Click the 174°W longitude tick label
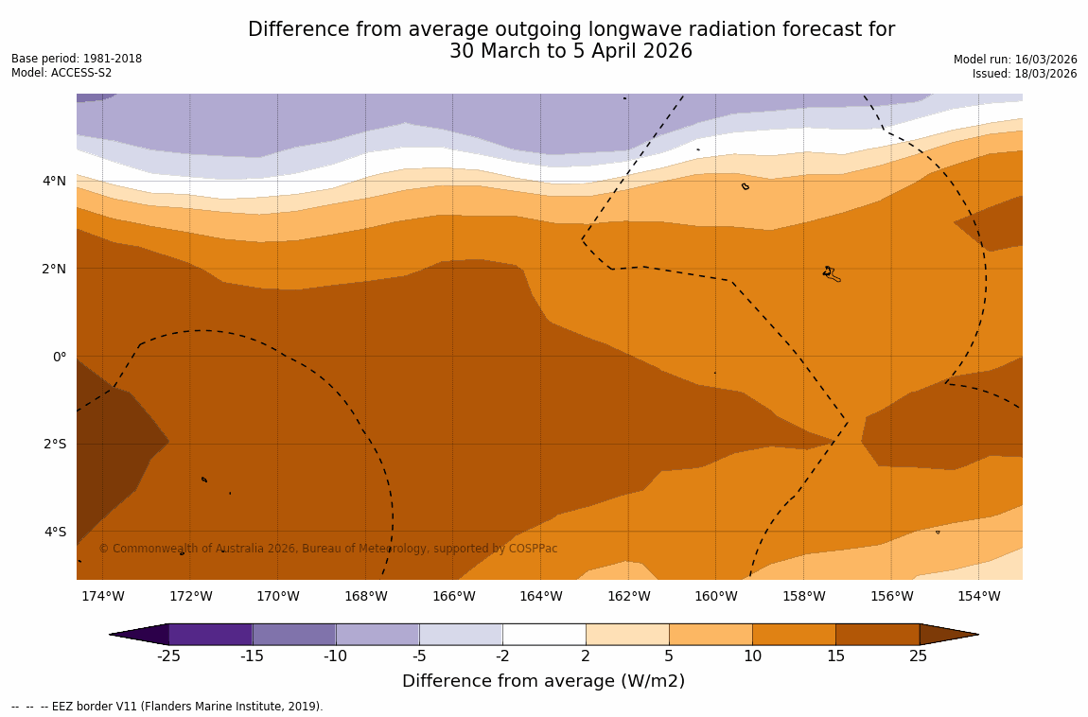pos(102,596)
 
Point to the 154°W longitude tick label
pos(978,596)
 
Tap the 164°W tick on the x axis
pos(540,596)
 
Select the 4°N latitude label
pos(54,181)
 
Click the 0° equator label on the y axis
pos(59,357)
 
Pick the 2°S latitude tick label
pos(54,444)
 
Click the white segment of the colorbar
pos(544,634)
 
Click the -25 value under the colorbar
pos(168,656)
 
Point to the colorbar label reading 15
pos(835,656)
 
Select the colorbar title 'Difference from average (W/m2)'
pos(543,681)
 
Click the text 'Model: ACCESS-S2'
pos(61,73)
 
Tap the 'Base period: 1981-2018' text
pos(77,59)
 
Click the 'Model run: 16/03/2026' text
pos(1015,60)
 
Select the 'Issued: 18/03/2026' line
pos(1025,74)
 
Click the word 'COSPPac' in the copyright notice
pos(534,549)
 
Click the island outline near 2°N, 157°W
pos(831,273)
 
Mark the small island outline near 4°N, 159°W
pos(746,186)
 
